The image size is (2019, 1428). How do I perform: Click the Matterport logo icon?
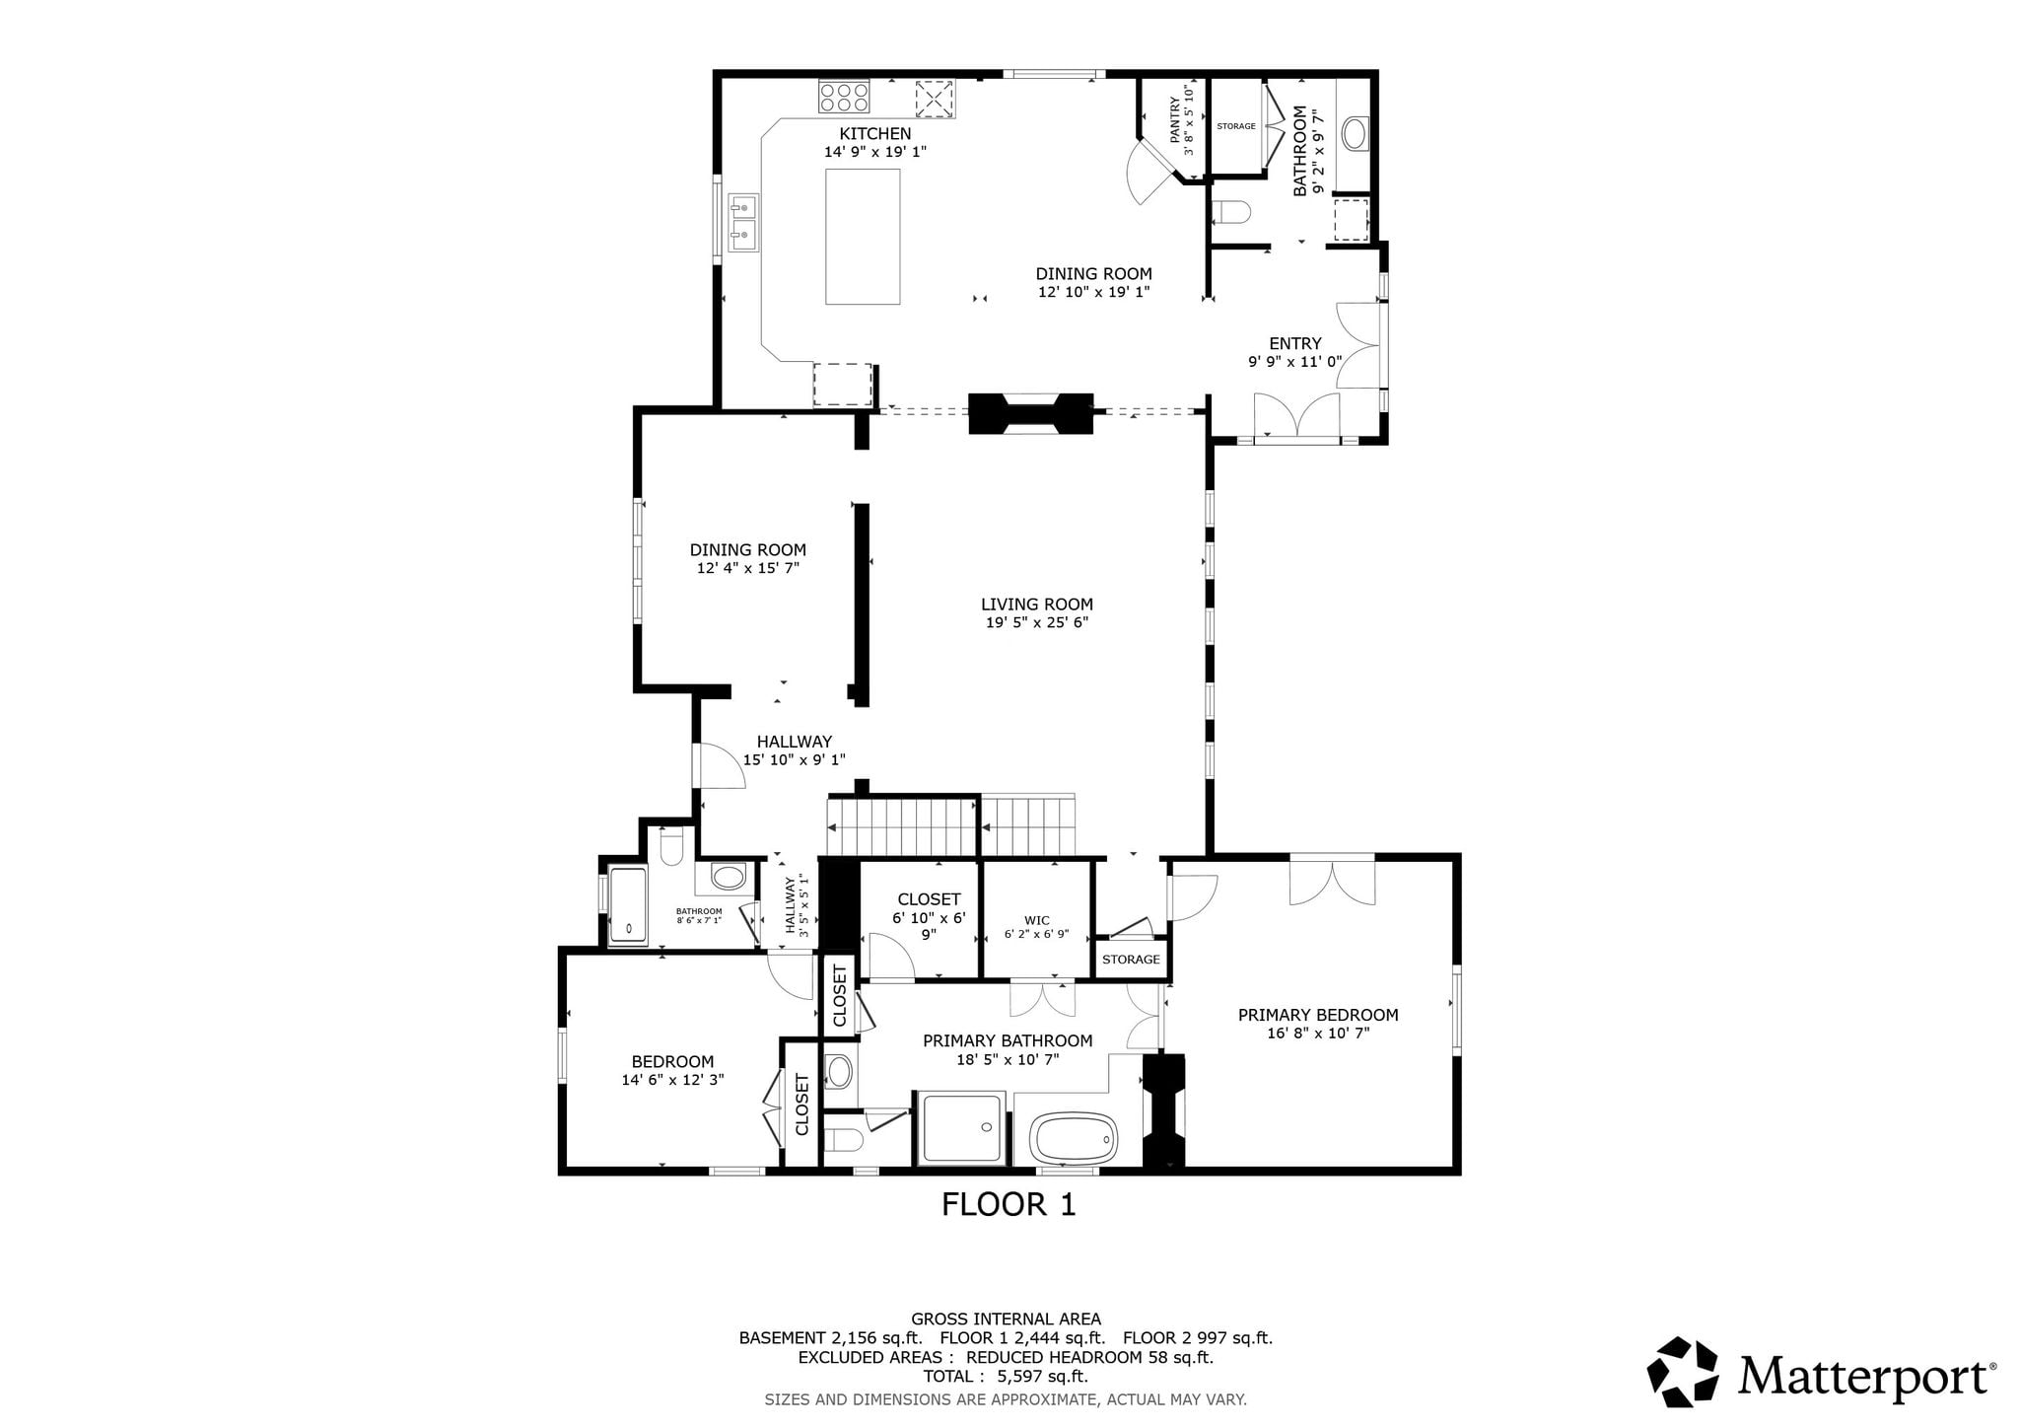[1682, 1371]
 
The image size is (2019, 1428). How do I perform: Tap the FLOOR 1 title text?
[1009, 1204]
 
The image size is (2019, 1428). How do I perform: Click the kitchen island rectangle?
[863, 237]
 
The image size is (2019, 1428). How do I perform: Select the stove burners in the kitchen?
[844, 97]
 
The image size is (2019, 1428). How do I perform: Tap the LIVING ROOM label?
[1037, 605]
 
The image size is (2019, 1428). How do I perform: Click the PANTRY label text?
[1175, 120]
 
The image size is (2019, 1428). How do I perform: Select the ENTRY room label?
[1295, 343]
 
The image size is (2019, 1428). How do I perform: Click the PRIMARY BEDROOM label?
[1318, 1015]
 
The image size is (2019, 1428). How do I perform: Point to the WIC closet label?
[1037, 920]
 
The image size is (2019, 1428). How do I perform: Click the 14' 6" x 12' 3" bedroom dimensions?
[672, 1080]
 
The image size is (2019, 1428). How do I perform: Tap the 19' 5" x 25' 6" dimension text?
[1037, 623]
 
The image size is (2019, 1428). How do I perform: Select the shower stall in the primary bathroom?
[963, 1127]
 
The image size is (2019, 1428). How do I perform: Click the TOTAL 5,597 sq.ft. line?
[1006, 1377]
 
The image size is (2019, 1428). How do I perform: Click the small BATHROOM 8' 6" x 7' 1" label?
[699, 915]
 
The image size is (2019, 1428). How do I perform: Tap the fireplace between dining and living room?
[1031, 414]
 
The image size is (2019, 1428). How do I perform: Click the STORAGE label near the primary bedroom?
[1131, 960]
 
